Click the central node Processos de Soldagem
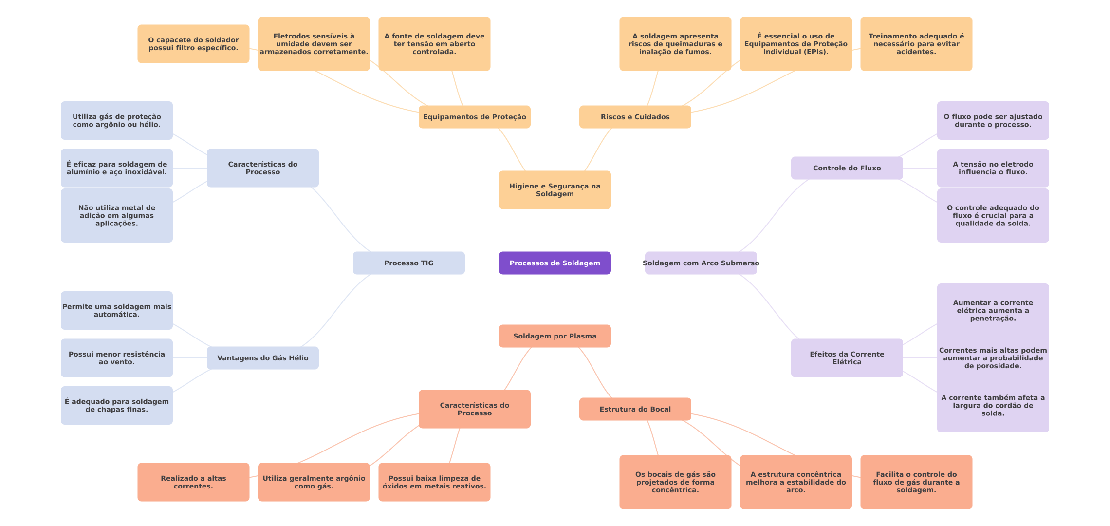[x=555, y=263]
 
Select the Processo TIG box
[x=408, y=263]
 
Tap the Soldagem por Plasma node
[x=555, y=336]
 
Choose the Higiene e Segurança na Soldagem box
[x=555, y=190]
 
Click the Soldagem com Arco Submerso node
[x=701, y=263]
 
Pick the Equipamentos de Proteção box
[x=474, y=117]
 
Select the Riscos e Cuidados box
[x=635, y=117]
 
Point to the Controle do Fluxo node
[x=847, y=168]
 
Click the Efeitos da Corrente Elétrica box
[x=847, y=358]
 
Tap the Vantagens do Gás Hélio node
[x=262, y=358]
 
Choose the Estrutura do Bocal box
[x=635, y=409]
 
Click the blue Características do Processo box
[x=262, y=168]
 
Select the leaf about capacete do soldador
[x=193, y=44]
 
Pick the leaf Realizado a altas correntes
[x=193, y=482]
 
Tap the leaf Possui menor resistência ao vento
[x=116, y=358]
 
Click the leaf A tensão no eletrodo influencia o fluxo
[x=993, y=168]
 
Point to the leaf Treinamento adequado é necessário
[x=916, y=44]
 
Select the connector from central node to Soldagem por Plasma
[x=555, y=300]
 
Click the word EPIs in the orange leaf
[x=815, y=52]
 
